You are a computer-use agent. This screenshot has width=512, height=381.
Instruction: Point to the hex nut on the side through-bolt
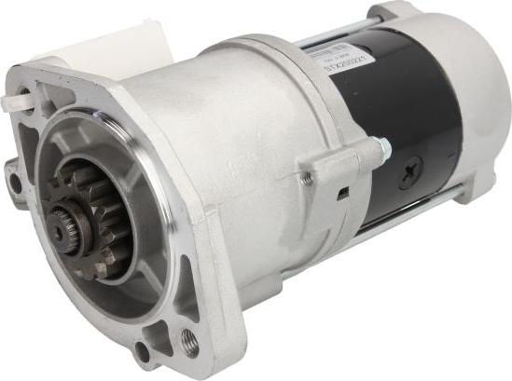(x=381, y=147)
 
